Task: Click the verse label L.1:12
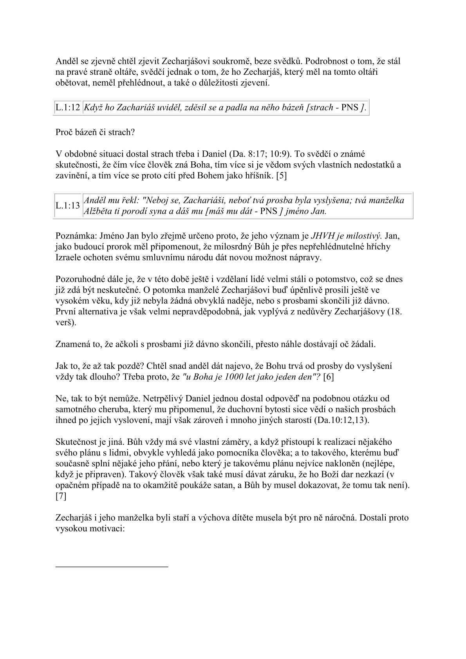pos(68,108)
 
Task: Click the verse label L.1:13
pos(68,206)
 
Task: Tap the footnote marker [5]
pos(281,176)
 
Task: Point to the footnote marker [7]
pos(61,497)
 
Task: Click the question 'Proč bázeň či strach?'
pos(95,132)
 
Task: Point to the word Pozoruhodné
pos(79,280)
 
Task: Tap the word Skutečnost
pos(76,442)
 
